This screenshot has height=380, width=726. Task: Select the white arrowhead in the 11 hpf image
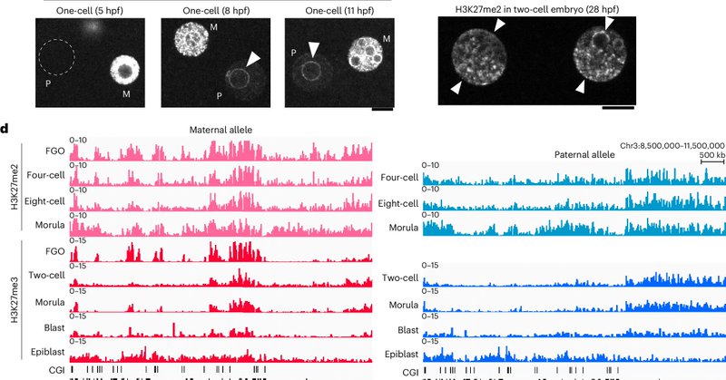tap(314, 48)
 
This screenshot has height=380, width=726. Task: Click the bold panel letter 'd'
tap(5, 128)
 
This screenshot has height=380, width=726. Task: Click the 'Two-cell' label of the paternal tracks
tap(400, 278)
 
